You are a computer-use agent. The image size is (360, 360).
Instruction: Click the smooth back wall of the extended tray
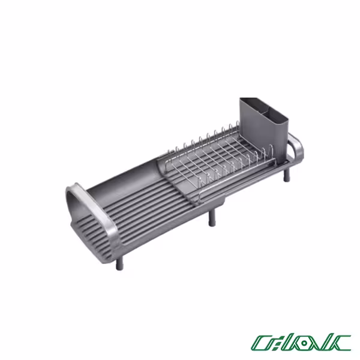pos(129,168)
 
